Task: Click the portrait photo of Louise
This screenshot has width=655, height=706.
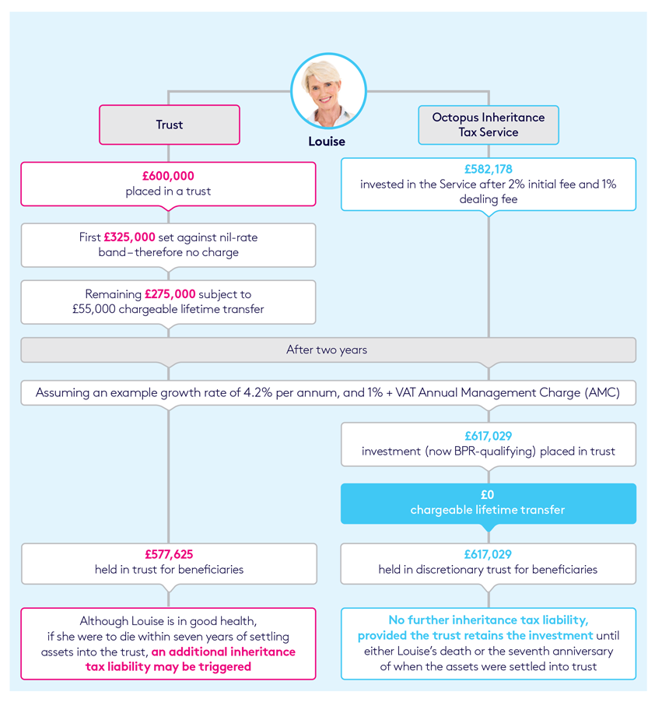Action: (327, 91)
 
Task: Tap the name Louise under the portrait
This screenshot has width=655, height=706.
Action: (327, 142)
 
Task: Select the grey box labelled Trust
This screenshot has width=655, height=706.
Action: (169, 125)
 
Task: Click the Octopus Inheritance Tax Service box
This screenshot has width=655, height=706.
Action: (488, 125)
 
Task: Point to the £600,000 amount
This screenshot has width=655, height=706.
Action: (168, 177)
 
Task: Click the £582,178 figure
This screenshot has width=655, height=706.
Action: (488, 169)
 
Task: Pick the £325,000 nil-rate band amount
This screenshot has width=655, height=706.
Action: (130, 237)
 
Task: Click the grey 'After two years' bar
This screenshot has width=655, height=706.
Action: (327, 349)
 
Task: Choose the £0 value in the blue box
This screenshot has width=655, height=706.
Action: (488, 494)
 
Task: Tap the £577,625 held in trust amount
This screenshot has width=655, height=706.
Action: (169, 554)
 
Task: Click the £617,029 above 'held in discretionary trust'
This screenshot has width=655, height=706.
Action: (488, 554)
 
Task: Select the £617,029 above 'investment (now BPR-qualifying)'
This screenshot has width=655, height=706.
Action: (488, 437)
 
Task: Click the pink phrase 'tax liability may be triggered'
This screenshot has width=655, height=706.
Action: (168, 666)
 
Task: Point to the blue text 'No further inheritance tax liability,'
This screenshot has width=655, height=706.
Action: (489, 620)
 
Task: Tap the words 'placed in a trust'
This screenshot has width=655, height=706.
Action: (168, 191)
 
